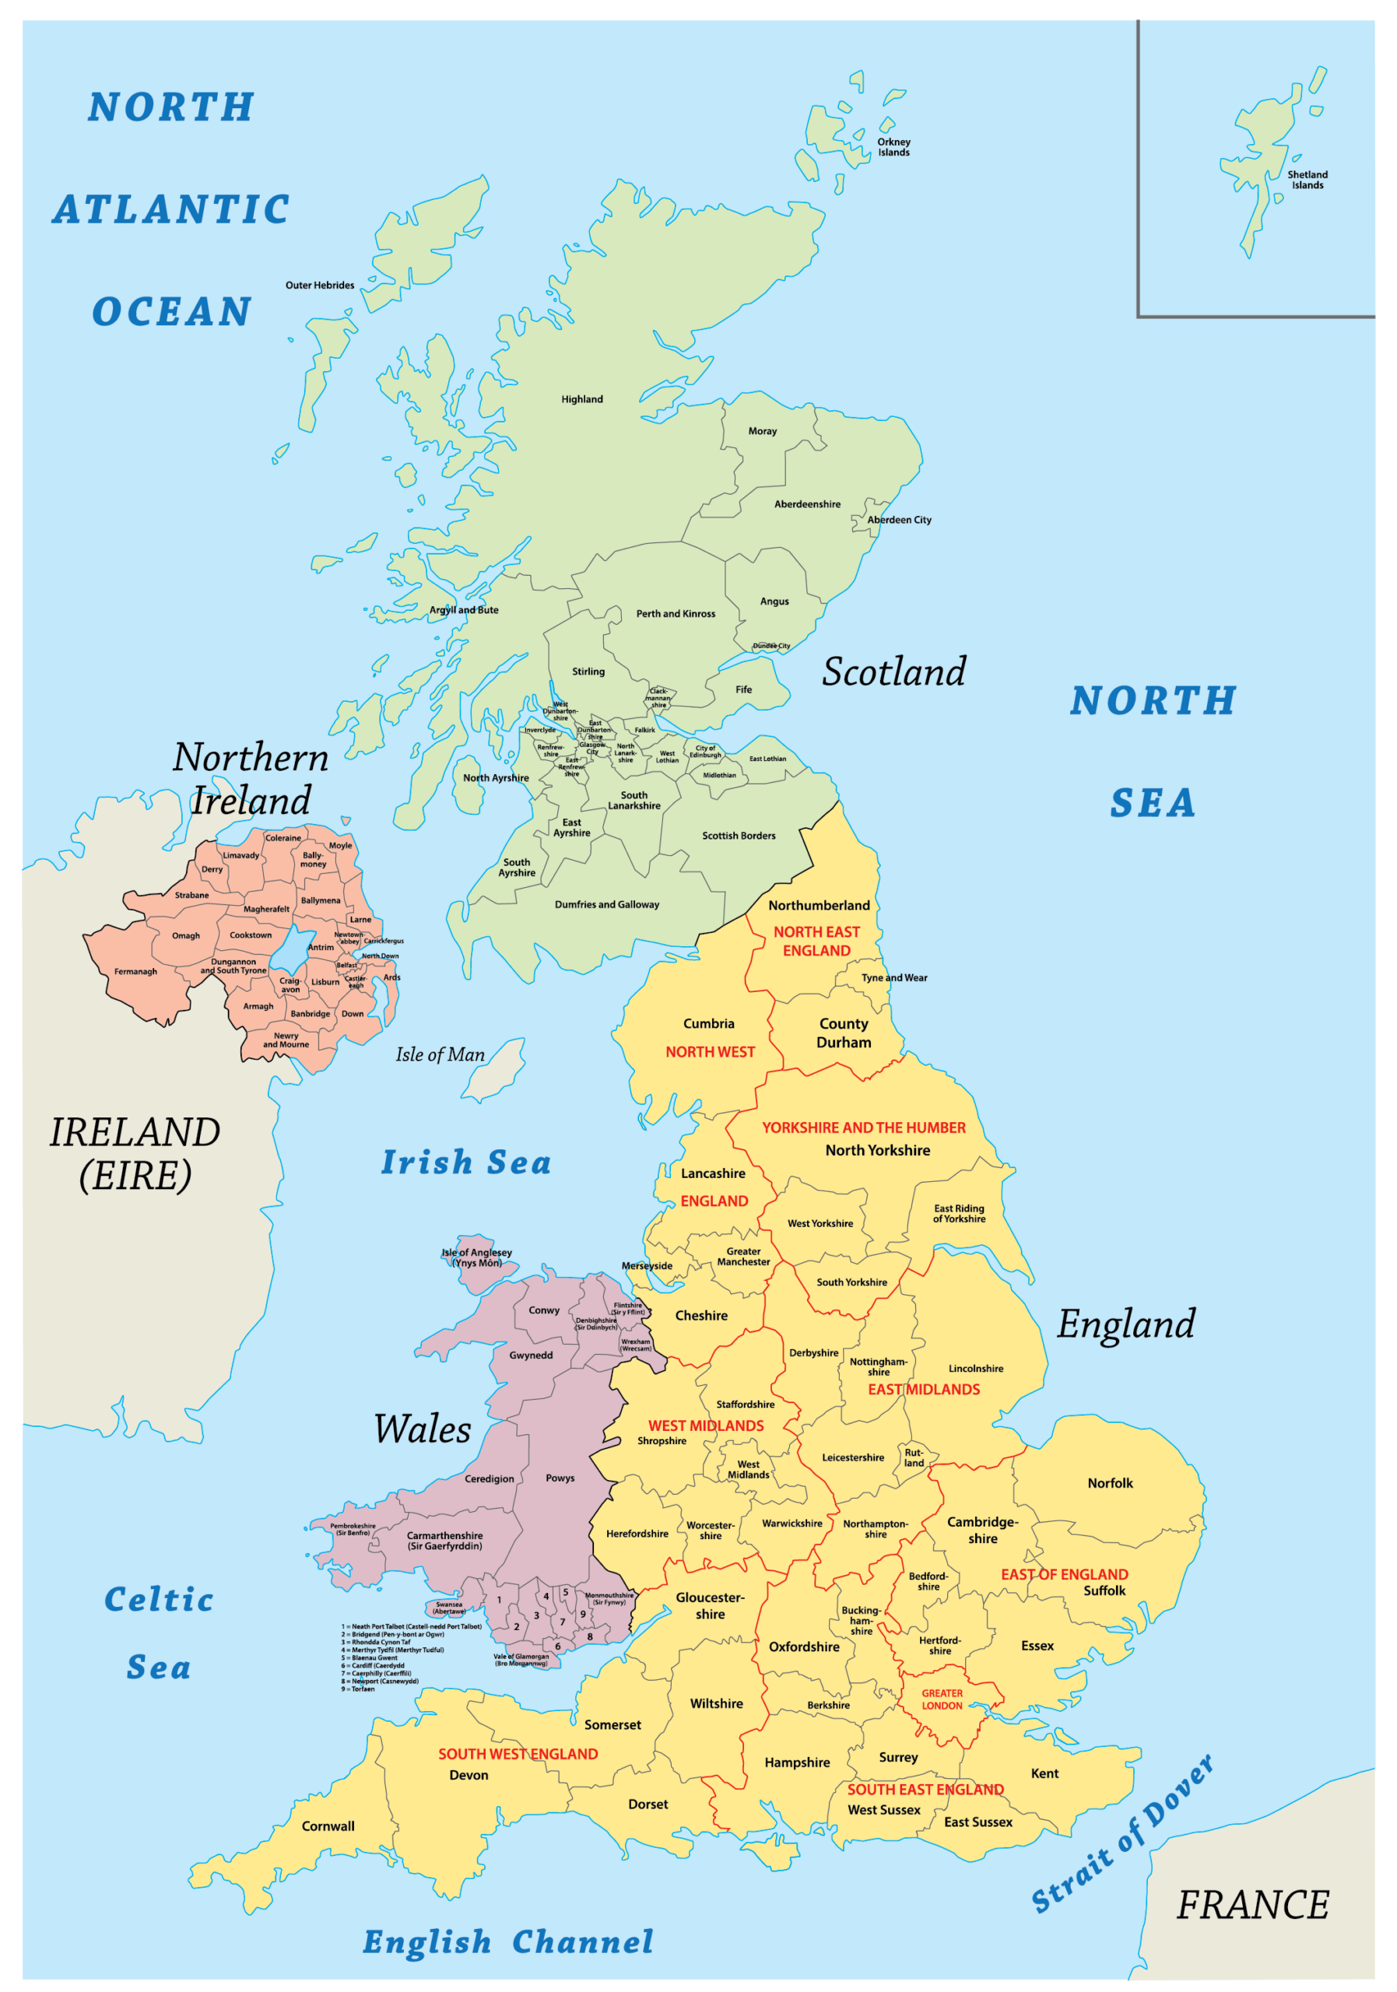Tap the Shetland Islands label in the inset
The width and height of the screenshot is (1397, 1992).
(1307, 180)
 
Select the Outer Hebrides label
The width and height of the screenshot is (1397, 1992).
(319, 286)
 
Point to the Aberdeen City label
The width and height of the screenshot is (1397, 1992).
(899, 520)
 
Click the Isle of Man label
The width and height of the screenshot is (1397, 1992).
(440, 1054)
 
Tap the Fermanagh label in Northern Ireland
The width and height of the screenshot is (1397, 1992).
(135, 972)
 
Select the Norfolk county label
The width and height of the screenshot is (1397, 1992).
(1110, 1484)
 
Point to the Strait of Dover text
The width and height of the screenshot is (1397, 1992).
(1123, 1834)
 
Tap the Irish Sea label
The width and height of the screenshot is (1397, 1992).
(466, 1163)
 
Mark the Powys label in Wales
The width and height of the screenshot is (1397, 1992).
(560, 1478)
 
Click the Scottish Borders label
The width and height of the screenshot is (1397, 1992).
(739, 836)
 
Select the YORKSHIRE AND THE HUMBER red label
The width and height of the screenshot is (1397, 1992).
(863, 1128)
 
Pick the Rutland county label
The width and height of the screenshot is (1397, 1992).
(914, 1457)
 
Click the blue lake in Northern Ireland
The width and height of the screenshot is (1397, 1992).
(292, 950)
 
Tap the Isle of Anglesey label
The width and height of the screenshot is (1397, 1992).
(476, 1257)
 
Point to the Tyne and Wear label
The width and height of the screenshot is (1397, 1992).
(893, 978)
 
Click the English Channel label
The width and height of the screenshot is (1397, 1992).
(507, 1942)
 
